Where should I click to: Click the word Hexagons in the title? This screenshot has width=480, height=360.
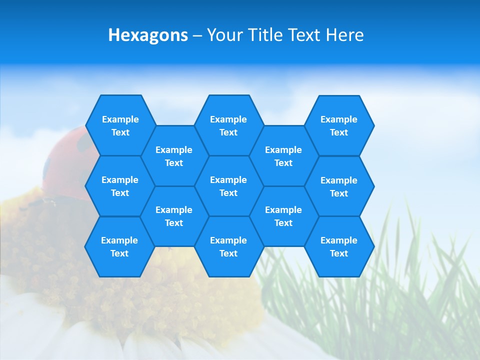(x=148, y=35)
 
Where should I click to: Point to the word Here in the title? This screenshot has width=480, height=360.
(x=344, y=35)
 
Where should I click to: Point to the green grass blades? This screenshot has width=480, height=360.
(x=425, y=280)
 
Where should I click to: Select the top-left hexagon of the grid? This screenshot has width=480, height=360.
(x=120, y=125)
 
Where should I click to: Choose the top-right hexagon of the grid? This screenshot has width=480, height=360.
(x=339, y=125)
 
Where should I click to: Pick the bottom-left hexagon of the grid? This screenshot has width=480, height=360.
(x=119, y=246)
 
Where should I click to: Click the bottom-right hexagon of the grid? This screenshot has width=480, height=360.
(x=339, y=246)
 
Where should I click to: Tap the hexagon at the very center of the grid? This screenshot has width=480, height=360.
(x=228, y=186)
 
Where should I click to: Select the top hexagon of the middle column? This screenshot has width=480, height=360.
(x=228, y=125)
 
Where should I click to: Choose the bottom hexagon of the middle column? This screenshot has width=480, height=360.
(x=228, y=246)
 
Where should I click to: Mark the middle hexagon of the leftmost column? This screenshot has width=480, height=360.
(x=120, y=186)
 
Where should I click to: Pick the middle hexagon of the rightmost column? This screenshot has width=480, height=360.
(x=339, y=186)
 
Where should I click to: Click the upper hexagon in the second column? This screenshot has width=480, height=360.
(x=174, y=156)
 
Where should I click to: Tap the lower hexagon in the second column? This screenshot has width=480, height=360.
(x=174, y=216)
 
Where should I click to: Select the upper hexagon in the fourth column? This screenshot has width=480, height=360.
(x=283, y=156)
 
